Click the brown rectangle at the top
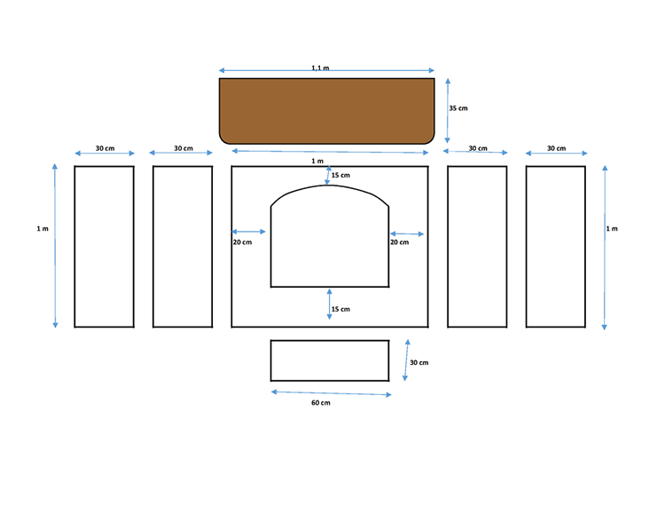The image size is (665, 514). pyautogui.click(x=327, y=109)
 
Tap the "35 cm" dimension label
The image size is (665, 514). pyautogui.click(x=458, y=108)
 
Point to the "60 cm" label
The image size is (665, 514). pyautogui.click(x=320, y=403)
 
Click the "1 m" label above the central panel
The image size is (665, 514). pyautogui.click(x=318, y=161)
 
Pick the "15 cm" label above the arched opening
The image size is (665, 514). pyautogui.click(x=340, y=176)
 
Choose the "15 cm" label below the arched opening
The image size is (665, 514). pyautogui.click(x=340, y=309)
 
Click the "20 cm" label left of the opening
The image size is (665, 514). pyautogui.click(x=242, y=242)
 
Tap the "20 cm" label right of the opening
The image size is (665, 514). pyautogui.click(x=399, y=242)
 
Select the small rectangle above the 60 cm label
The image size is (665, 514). pyautogui.click(x=330, y=360)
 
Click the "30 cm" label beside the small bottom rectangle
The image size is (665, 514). pyautogui.click(x=419, y=362)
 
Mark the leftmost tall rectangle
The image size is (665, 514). pyautogui.click(x=104, y=246)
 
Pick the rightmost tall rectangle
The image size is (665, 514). pyautogui.click(x=556, y=246)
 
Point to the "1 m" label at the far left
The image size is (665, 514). pyautogui.click(x=43, y=229)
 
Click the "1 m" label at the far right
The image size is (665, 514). pyautogui.click(x=612, y=229)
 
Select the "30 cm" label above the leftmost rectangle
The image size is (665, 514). pyautogui.click(x=105, y=148)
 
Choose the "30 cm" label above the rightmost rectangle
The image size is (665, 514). pyautogui.click(x=556, y=148)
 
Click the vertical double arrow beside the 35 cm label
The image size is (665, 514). pyautogui.click(x=448, y=108)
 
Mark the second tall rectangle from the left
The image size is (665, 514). pyautogui.click(x=183, y=246)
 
